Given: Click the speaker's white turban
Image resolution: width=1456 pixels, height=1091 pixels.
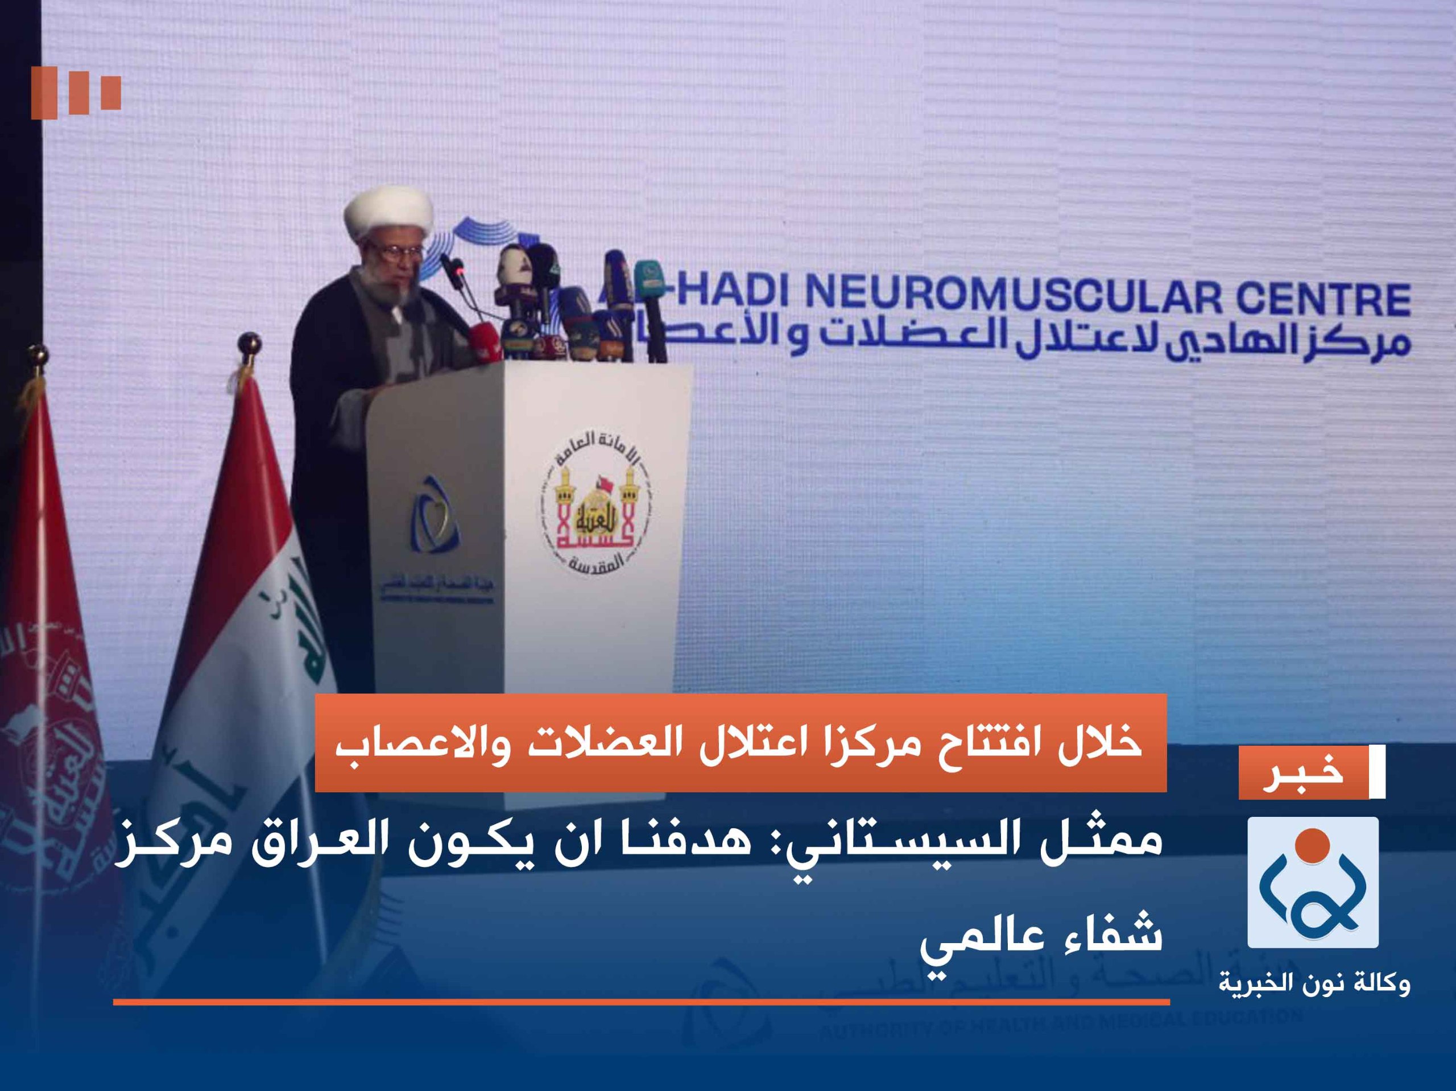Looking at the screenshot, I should pos(388,212).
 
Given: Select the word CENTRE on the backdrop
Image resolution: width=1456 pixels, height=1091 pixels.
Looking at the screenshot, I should pos(1323,300).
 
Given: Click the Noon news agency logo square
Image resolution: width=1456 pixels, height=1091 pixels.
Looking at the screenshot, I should pos(1313,883).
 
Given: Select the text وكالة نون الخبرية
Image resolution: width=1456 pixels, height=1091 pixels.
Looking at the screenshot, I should pos(1314,983).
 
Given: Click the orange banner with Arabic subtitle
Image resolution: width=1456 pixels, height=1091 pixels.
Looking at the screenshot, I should pos(741,743).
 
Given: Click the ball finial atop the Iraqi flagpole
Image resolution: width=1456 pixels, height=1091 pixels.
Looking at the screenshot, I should pos(249,342).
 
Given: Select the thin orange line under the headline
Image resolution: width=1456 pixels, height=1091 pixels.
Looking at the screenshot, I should pos(642,1002).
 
